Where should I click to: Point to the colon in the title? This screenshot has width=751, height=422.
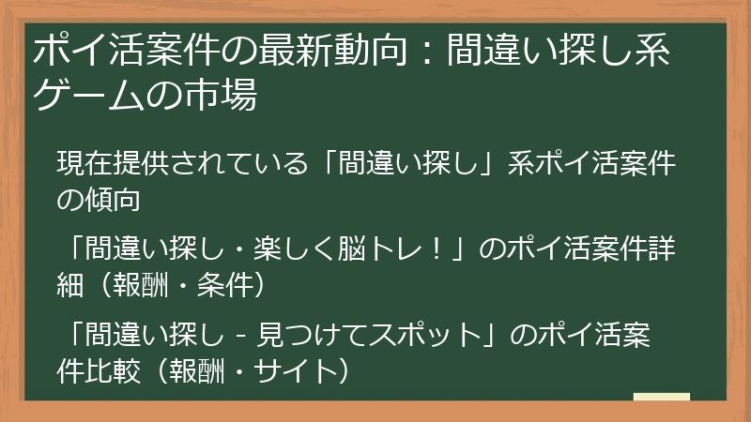tap(424, 53)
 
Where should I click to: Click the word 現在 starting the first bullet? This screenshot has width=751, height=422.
tap(85, 165)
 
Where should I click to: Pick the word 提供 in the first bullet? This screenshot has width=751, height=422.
tap(146, 165)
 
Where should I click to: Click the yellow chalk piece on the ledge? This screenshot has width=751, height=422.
tap(661, 398)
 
